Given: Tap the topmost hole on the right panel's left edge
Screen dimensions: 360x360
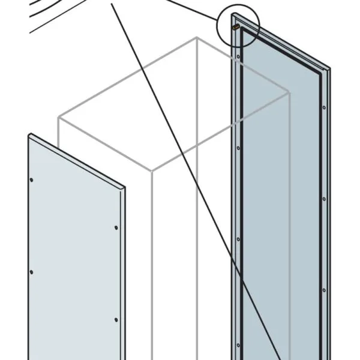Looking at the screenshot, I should tap(239, 58).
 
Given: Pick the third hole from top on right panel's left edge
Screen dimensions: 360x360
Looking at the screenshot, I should tap(238, 238).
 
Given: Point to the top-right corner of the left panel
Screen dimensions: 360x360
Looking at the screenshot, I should tap(125, 187).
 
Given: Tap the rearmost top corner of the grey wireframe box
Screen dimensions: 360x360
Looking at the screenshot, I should tap(196, 38).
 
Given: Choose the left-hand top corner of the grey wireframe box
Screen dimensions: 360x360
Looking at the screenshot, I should tap(58, 118).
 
